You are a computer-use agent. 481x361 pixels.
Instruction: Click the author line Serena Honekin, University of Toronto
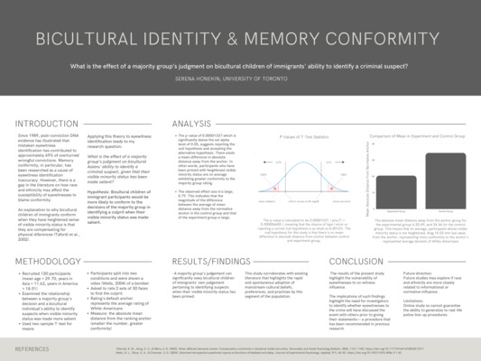point(240,79)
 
